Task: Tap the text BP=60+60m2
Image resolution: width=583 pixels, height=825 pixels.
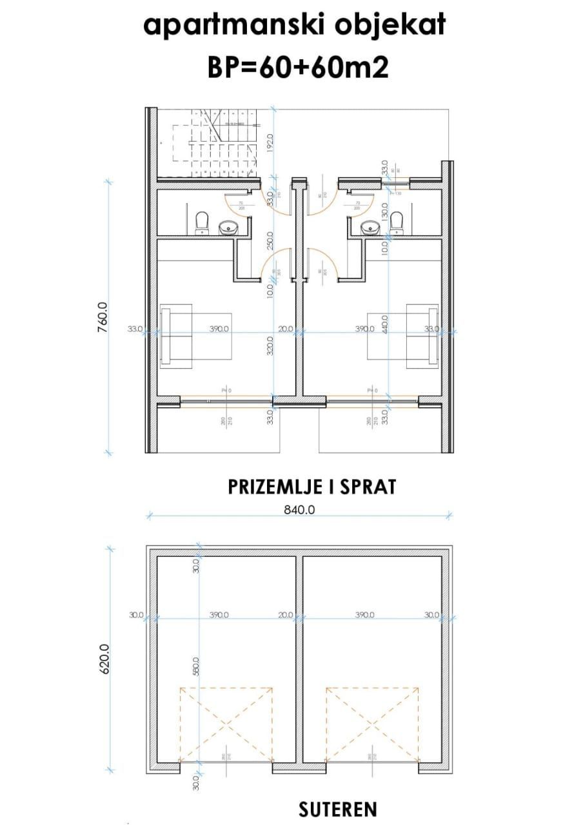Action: coord(298,66)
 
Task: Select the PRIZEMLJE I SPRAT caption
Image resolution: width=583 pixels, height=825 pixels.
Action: coord(312,487)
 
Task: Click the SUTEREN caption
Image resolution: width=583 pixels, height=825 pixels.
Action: coord(338,809)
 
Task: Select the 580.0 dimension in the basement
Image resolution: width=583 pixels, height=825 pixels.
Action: coord(196,670)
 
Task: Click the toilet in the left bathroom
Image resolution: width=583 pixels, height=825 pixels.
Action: coord(202,222)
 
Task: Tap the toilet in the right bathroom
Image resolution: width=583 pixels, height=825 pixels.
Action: coord(398,222)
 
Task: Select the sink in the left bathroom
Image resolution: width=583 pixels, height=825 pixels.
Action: coord(228,228)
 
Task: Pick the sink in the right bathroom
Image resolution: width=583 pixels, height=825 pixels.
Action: coord(370,228)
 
